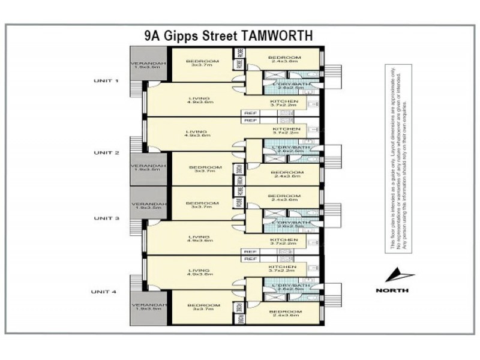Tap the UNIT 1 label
click(106, 80)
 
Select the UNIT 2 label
click(106, 152)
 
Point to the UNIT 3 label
click(106, 219)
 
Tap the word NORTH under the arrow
click(392, 290)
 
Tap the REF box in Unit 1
click(251, 113)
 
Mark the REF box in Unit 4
click(251, 259)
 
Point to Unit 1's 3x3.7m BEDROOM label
click(199, 62)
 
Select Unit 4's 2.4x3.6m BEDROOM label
click(284, 314)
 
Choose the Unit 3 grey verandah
click(148, 204)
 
